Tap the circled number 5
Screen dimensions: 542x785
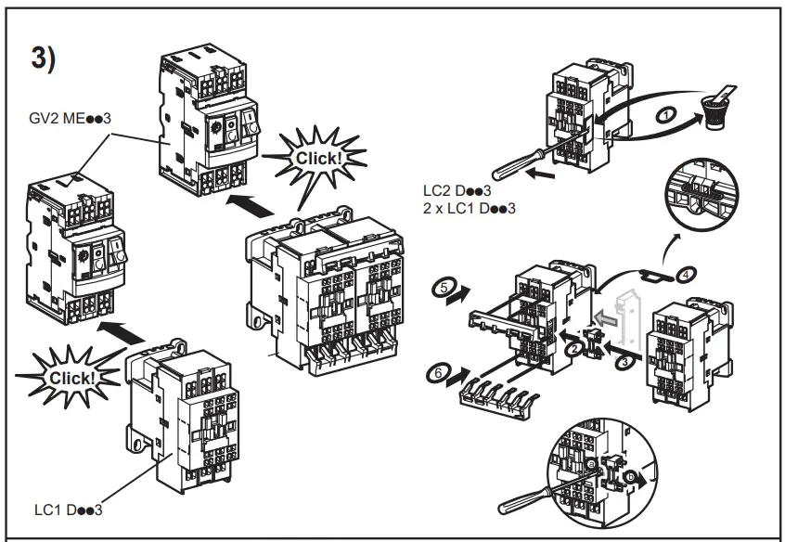[x=444, y=289]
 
